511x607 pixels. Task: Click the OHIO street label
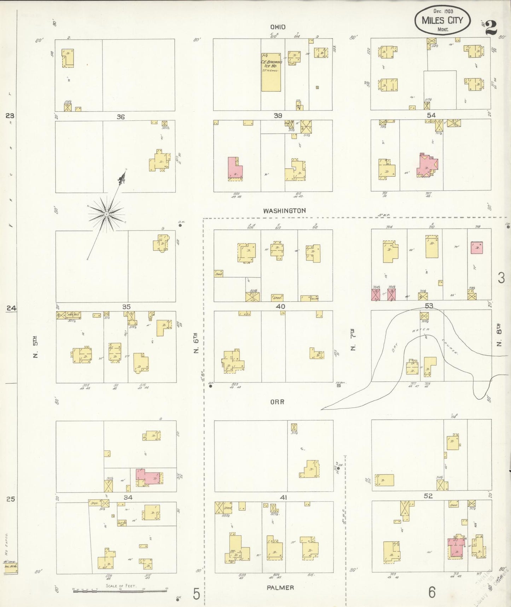pos(278,27)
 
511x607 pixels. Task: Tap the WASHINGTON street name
pos(284,210)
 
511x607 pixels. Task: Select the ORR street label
pos(277,402)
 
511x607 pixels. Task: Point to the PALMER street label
pos(280,588)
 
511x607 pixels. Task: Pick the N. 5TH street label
pos(35,348)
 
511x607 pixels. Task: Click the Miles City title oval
pos(442,21)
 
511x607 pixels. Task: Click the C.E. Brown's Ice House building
pos(271,72)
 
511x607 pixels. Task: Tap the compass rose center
pos(106,214)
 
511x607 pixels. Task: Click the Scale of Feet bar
pos(120,590)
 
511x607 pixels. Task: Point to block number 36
pos(121,117)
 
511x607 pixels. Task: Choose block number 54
pos(431,115)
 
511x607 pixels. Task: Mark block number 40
pos(280,306)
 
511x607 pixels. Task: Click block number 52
pos(428,496)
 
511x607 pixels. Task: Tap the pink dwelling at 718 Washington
pos(477,248)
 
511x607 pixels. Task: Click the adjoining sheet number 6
pos(431,592)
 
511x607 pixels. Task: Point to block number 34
pos(128,497)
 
